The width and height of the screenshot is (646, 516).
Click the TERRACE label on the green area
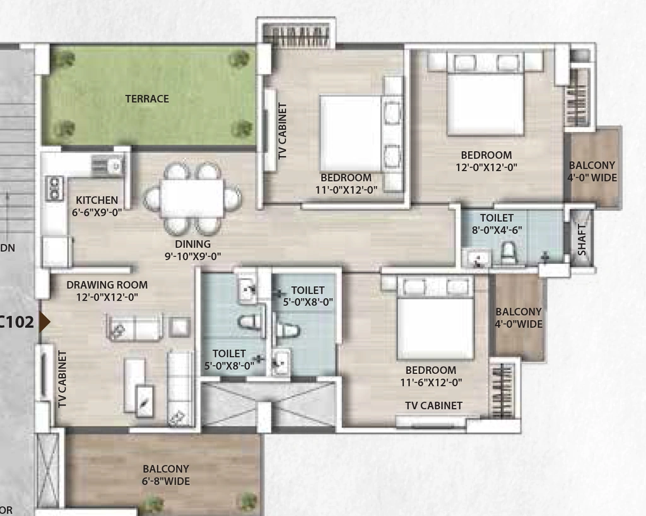click(147, 99)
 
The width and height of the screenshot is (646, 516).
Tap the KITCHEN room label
click(97, 200)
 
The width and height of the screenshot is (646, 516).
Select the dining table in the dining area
click(192, 198)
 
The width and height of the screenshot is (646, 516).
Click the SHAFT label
click(581, 239)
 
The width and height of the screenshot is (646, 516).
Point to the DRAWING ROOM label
click(107, 285)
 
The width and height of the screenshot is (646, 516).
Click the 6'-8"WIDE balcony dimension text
click(166, 481)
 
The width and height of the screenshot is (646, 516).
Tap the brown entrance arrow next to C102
click(45, 321)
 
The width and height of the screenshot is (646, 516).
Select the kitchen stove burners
click(55, 188)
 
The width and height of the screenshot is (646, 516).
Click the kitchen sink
click(108, 166)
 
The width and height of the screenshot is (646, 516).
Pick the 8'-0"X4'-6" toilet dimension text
click(497, 230)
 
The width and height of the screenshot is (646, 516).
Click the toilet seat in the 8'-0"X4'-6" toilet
click(509, 253)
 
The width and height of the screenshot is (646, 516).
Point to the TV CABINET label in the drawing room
click(62, 379)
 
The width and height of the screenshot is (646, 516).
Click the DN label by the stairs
click(8, 248)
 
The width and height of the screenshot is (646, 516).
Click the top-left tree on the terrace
click(62, 59)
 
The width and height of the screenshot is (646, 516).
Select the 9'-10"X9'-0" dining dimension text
click(193, 256)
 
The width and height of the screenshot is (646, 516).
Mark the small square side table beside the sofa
click(179, 328)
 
